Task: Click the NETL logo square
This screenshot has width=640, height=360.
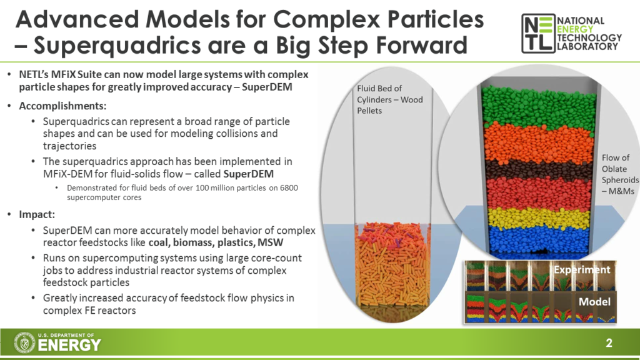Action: [x=538, y=34]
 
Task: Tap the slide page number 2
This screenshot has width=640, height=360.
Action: [x=609, y=343]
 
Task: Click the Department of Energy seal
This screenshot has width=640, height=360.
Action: [x=24, y=342]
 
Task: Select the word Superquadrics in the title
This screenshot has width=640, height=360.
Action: [x=117, y=45]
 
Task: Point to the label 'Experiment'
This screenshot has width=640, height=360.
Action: [x=582, y=269]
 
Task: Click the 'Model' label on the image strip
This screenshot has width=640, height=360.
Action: [x=594, y=302]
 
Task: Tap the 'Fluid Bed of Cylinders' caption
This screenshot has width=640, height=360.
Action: [x=390, y=99]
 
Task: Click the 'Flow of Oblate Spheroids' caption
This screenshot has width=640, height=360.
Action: [x=620, y=174]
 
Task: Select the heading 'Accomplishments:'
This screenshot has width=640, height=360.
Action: [x=62, y=106]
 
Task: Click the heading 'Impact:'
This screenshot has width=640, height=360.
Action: [x=37, y=214]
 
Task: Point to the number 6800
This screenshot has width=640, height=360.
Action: [x=289, y=187]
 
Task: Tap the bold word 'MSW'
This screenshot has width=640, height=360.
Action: [x=270, y=242]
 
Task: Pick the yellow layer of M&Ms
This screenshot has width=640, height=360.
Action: [x=539, y=218]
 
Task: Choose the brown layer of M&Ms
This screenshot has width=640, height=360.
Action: [x=539, y=170]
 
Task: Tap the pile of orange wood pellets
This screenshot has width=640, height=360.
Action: [x=392, y=265]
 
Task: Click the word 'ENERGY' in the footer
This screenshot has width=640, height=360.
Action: [x=69, y=345]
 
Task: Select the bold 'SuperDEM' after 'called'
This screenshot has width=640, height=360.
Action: [x=248, y=174]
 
